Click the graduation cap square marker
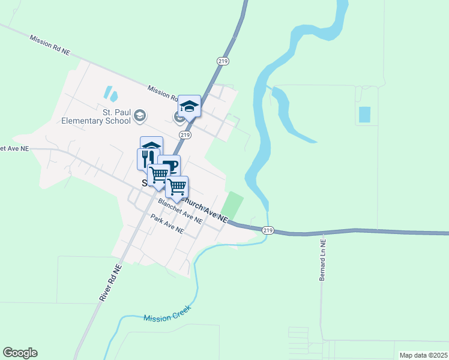[x=190, y=106]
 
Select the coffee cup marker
[x=170, y=166]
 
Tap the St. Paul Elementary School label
[x=96, y=116]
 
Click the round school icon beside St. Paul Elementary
[x=140, y=115]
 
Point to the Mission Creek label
[x=167, y=313]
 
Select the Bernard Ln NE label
[x=323, y=260]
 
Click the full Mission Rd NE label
[x=50, y=45]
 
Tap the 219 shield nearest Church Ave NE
[x=268, y=230]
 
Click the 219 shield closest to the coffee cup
[x=185, y=136]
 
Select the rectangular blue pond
[x=364, y=114]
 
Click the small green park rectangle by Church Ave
[x=233, y=205]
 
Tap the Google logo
[x=20, y=353]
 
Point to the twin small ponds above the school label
[x=110, y=93]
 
